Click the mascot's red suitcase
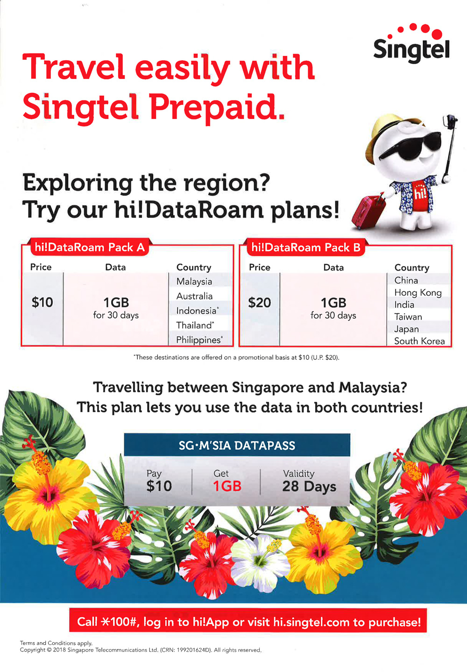coord(368,212)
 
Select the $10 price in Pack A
coord(42,302)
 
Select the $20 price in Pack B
coord(260,303)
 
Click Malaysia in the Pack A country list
coord(194,281)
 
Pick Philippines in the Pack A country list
coord(199,340)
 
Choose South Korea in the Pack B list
coord(419,341)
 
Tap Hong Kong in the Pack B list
coord(418,293)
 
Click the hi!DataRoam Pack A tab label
coord(90,247)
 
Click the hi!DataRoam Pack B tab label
coord(306,248)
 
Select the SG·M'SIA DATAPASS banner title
coord(237,446)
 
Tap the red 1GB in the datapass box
coord(227,486)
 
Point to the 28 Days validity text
coord(309,487)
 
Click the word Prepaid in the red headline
coord(217,106)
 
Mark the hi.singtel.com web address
coord(311,622)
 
